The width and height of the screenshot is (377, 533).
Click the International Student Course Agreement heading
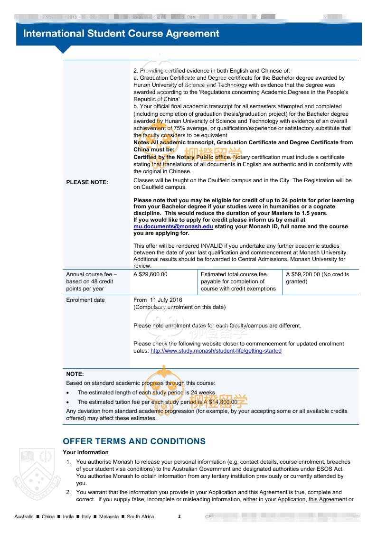click(121, 34)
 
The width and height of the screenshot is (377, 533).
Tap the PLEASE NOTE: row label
click(87, 182)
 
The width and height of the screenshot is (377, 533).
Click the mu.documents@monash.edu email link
click(173, 226)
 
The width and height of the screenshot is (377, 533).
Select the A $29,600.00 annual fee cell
click(151, 274)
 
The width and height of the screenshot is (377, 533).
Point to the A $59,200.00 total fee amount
click(303, 274)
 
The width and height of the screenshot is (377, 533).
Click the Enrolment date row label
click(85, 300)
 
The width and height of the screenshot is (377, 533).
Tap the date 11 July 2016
click(166, 300)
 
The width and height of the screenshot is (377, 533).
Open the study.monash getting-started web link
click(216, 351)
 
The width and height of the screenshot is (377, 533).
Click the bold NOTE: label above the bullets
click(75, 374)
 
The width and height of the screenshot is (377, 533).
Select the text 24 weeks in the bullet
click(203, 393)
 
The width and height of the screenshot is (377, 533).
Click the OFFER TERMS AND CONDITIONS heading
click(134, 441)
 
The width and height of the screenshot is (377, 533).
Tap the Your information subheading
click(85, 452)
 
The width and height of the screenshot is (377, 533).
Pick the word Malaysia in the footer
click(109, 516)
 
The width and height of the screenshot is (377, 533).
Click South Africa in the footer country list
click(141, 516)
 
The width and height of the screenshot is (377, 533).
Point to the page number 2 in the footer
click(179, 516)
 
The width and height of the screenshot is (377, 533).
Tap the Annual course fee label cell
click(92, 281)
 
